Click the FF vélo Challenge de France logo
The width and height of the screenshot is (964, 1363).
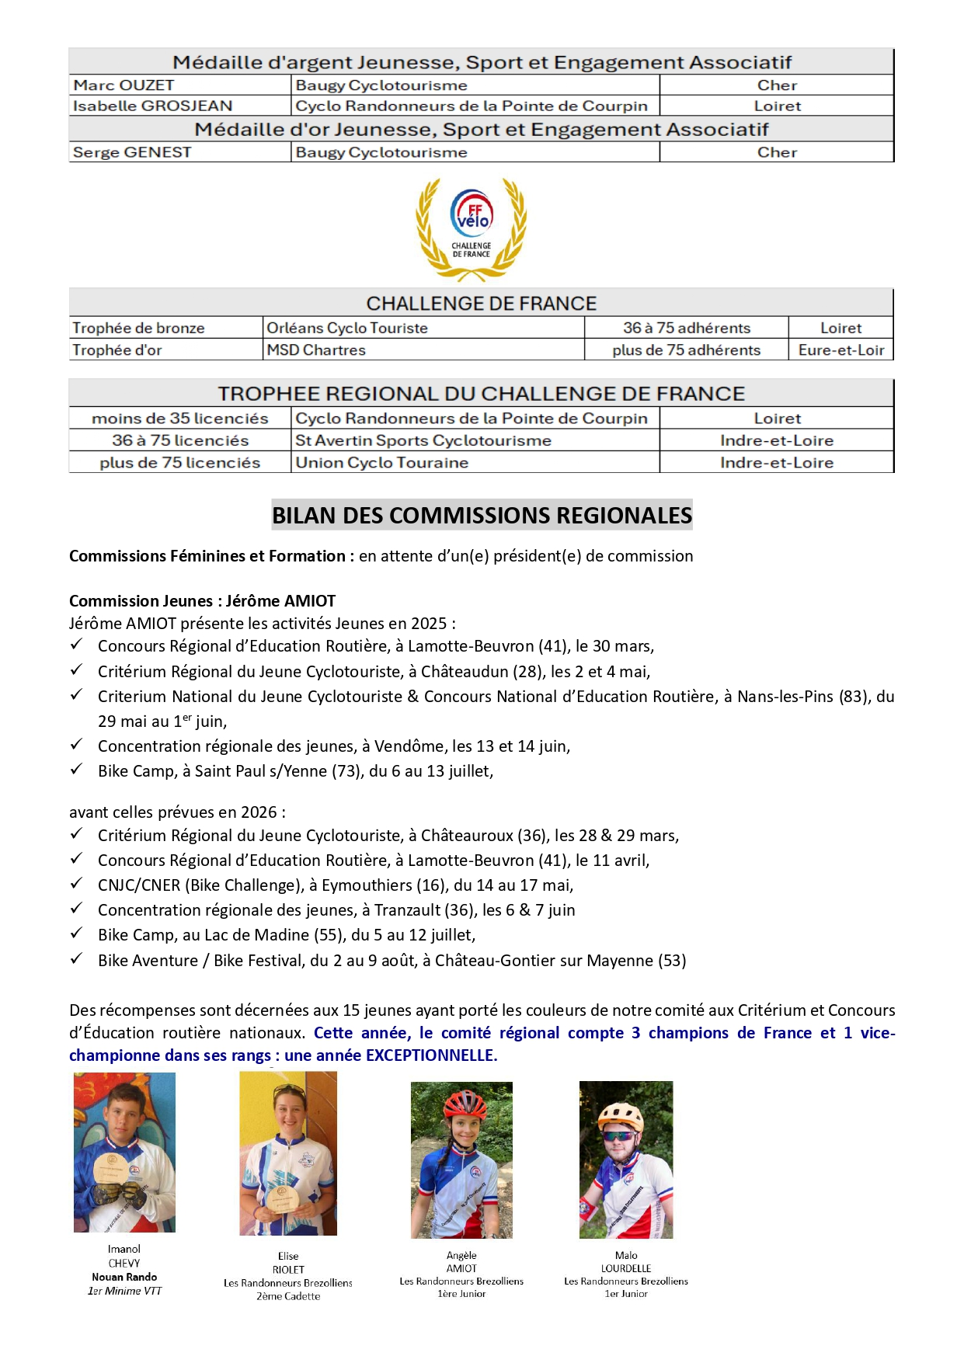pos(472,228)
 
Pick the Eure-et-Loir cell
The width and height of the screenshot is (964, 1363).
pos(841,350)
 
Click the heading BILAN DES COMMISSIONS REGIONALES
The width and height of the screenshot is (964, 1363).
pos(482,516)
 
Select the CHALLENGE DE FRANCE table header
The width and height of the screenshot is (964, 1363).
pos(482,303)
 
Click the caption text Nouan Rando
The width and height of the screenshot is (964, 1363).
pos(124,1277)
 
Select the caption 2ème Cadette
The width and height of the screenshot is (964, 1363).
pos(288,1296)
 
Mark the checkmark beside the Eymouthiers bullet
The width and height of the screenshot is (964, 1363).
pos(76,884)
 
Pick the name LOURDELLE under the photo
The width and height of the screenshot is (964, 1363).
pos(626,1268)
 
